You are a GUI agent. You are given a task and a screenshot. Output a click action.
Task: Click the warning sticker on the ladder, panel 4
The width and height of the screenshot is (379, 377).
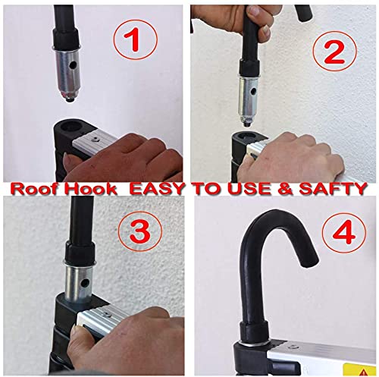coord(356,365)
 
